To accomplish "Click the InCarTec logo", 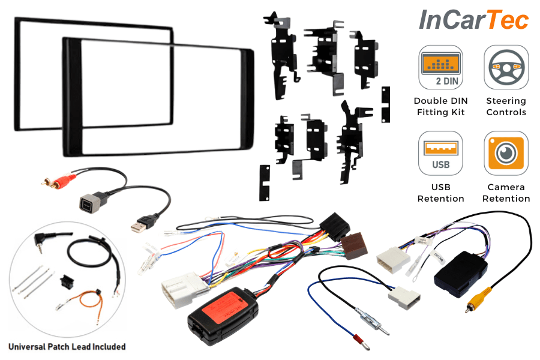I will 473,20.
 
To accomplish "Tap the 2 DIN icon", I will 440,67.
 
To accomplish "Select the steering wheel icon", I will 506,67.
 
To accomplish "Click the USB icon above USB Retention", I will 440,154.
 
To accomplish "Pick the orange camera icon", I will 506,154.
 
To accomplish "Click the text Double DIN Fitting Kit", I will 440,106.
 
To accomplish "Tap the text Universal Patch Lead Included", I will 67,346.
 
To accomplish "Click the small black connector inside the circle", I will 67,281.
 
